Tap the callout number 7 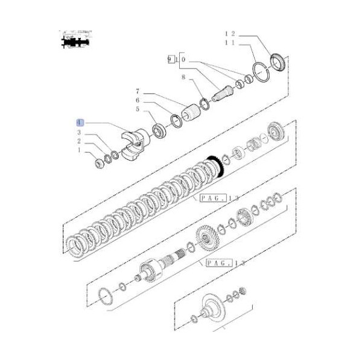pyautogui.click(x=137, y=91)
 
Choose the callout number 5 pyautogui.click(x=137, y=109)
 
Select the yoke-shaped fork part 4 pyautogui.click(x=133, y=144)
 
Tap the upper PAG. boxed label pyautogui.click(x=205, y=197)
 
